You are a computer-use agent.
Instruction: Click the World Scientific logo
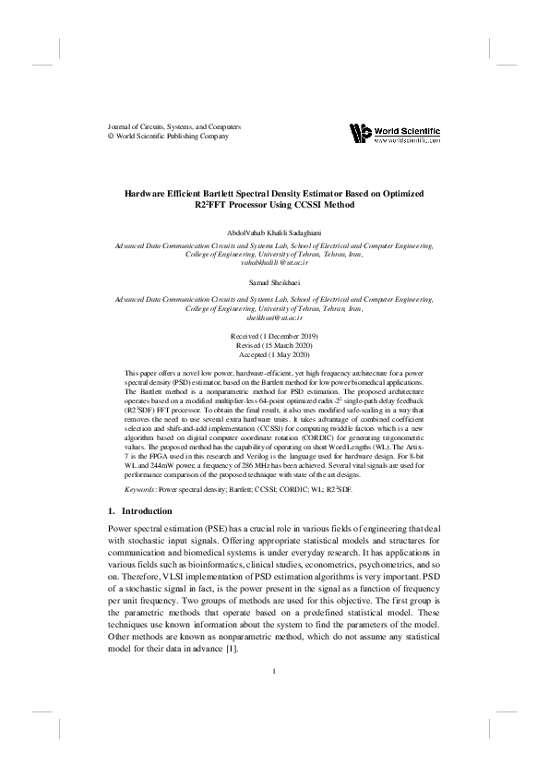(x=394, y=134)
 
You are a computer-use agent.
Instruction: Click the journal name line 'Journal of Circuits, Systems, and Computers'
(x=174, y=126)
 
